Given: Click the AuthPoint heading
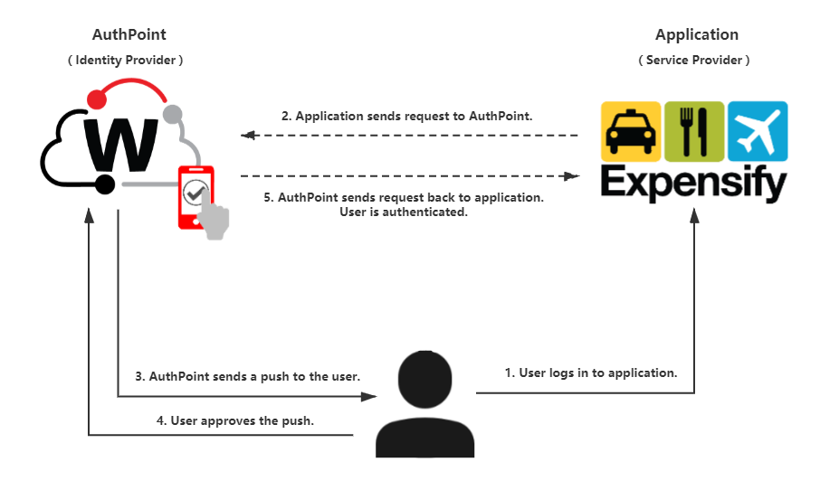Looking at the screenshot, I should pyautogui.click(x=129, y=34).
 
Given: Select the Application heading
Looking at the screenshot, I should pyautogui.click(x=696, y=34).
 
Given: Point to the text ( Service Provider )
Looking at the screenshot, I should pyautogui.click(x=694, y=61).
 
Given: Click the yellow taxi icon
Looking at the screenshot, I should pyautogui.click(x=631, y=131).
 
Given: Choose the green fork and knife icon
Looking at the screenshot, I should pyautogui.click(x=694, y=131).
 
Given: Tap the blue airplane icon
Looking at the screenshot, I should pyautogui.click(x=758, y=131).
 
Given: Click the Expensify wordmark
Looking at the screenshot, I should pyautogui.click(x=694, y=184).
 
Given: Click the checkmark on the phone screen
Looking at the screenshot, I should pyautogui.click(x=194, y=191).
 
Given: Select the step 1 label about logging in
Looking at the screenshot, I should pyautogui.click(x=590, y=373).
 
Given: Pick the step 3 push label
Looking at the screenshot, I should pyautogui.click(x=247, y=376).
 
